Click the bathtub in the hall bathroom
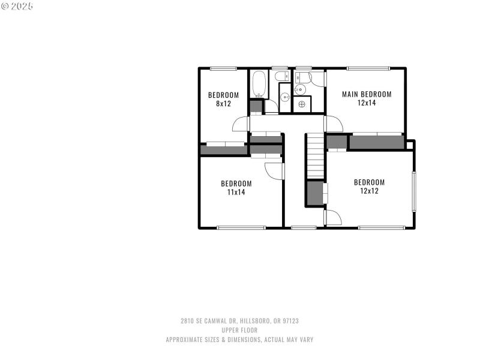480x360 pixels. [x=259, y=85]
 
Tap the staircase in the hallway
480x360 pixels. [x=315, y=157]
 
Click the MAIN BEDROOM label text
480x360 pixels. [x=367, y=94]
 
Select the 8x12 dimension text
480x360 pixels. [x=223, y=103]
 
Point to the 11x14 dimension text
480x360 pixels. [x=236, y=192]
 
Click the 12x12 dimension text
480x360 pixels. [x=369, y=191]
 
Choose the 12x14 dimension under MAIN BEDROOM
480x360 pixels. [x=367, y=103]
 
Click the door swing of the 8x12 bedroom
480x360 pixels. [x=241, y=124]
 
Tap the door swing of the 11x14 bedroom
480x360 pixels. [x=275, y=169]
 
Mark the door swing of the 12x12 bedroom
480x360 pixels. [x=334, y=217]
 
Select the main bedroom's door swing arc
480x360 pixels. [x=334, y=124]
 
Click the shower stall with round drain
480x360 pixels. [x=301, y=104]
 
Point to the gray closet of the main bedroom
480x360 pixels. [x=376, y=142]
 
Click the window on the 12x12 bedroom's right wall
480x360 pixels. [x=413, y=191]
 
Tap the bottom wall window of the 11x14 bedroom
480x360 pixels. [x=241, y=227]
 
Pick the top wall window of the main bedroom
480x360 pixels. [x=368, y=68]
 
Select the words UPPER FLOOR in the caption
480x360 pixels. [x=239, y=330]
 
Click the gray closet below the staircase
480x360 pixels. [x=315, y=193]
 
